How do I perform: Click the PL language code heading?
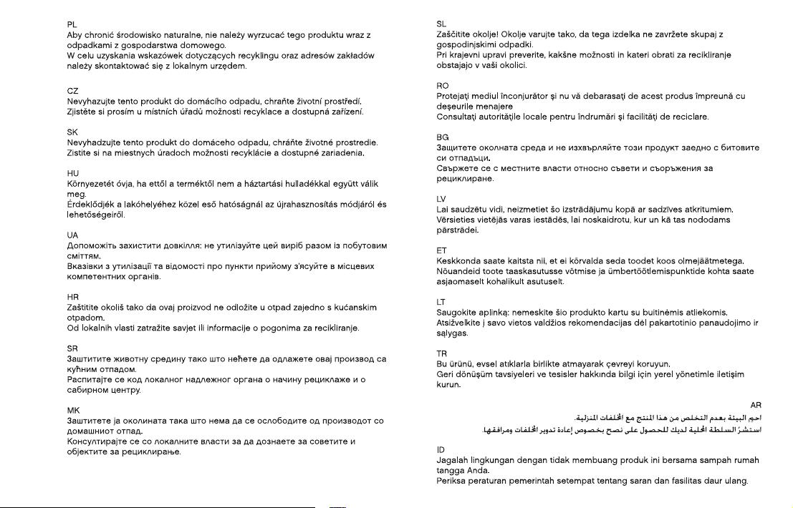click(72, 24)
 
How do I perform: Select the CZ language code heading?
click(72, 91)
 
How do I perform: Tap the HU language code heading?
click(72, 173)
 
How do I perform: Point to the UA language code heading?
click(72, 235)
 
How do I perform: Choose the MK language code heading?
click(73, 411)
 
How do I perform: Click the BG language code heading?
click(443, 137)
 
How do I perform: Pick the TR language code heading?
click(442, 353)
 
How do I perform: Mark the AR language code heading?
click(756, 406)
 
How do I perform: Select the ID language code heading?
click(441, 450)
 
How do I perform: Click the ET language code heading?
click(441, 250)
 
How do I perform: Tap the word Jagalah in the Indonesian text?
click(453, 460)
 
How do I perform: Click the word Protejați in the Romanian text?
click(453, 96)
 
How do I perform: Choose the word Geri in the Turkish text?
click(445, 374)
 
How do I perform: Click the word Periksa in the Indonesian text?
click(452, 481)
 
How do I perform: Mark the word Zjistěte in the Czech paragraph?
click(84, 112)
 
